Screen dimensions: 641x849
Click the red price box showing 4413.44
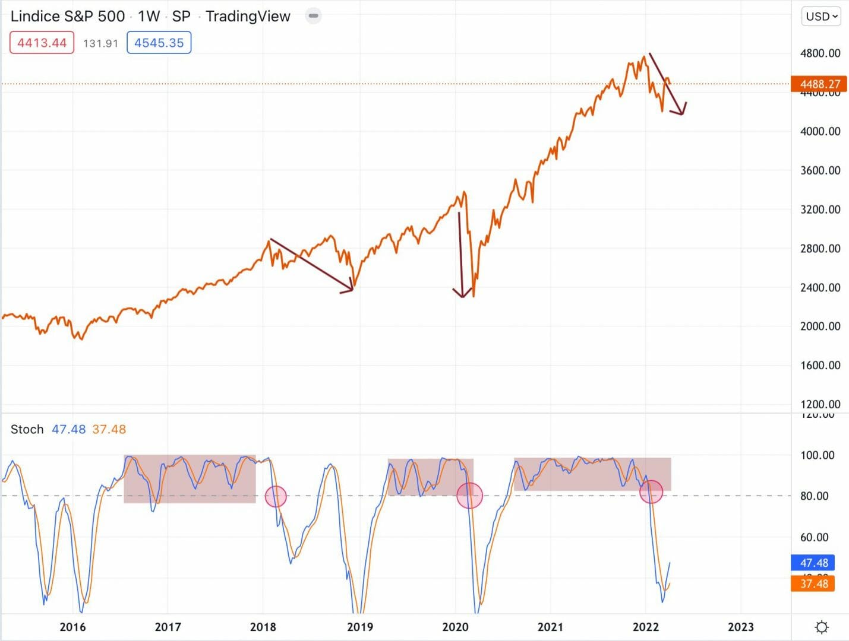pos(42,43)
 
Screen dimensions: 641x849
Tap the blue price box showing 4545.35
pos(159,43)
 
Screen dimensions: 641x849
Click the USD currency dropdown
pos(822,17)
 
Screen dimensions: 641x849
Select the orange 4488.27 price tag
pos(819,84)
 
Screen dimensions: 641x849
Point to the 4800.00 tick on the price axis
pos(820,53)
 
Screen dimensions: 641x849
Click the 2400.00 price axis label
pos(820,287)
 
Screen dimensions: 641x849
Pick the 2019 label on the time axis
pos(360,627)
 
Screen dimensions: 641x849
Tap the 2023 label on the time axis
pos(740,627)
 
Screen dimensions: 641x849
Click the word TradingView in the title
pos(248,17)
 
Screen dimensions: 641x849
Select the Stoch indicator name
pos(27,429)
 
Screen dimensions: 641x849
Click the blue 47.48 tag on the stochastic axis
pos(813,563)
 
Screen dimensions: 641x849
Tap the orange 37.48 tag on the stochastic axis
pos(813,583)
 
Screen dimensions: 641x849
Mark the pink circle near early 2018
pos(276,496)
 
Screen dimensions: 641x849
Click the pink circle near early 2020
pos(469,495)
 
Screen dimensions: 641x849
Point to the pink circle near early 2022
pos(651,491)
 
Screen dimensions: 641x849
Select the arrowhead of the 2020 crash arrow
pos(462,295)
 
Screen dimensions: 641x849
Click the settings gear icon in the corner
pos(822,627)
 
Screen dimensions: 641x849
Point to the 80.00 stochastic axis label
pos(814,496)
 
